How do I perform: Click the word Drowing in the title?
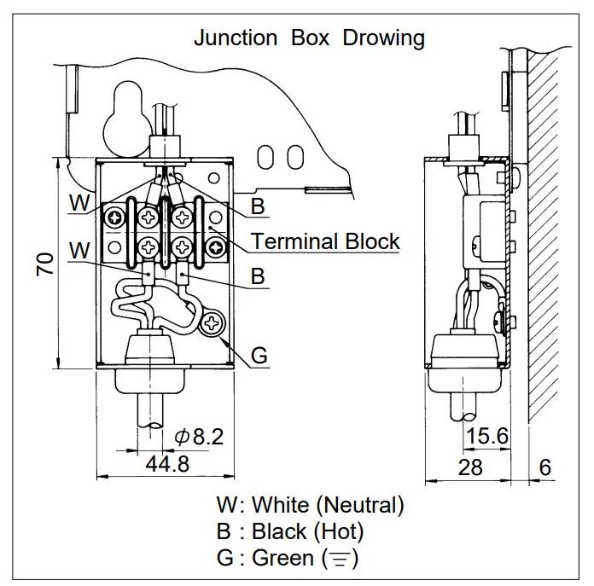(x=383, y=38)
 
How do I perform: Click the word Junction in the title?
(x=236, y=38)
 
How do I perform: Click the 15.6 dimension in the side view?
(x=487, y=437)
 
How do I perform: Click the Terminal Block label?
(x=325, y=241)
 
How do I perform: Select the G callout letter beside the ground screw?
(x=259, y=355)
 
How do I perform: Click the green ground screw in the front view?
(x=210, y=322)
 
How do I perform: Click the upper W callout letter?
(x=79, y=203)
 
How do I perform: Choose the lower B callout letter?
(x=258, y=277)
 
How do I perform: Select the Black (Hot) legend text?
(x=307, y=531)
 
